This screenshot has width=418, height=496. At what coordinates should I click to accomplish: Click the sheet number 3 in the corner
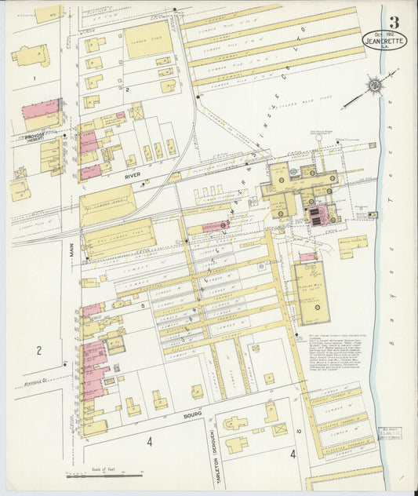pos(393,21)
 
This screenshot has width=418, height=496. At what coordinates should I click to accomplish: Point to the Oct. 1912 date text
pos(382,34)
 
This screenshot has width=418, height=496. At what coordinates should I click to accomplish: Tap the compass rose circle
pos(376,84)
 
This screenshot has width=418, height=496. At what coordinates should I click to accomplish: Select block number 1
pos(34,78)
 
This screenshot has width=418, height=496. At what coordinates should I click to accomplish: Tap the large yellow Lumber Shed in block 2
pos(148,39)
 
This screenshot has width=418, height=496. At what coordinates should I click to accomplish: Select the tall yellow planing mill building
pos(311,292)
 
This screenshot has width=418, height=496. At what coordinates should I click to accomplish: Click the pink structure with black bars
pos(315,217)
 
